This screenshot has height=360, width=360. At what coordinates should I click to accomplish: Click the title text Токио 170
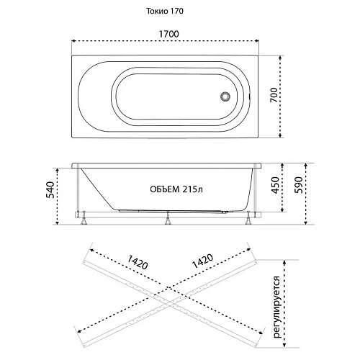pyautogui.click(x=165, y=12)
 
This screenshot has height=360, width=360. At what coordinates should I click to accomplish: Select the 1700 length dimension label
pyautogui.click(x=169, y=34)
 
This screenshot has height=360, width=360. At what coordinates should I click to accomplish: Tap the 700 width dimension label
pyautogui.click(x=274, y=95)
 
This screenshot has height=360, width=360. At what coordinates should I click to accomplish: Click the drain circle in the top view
pyautogui.click(x=225, y=96)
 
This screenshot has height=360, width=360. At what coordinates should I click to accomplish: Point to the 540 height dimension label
pyautogui.click(x=50, y=190)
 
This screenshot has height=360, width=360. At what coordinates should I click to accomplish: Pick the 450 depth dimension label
pyautogui.click(x=276, y=185)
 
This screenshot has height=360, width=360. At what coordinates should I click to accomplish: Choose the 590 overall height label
pyautogui.click(x=299, y=185)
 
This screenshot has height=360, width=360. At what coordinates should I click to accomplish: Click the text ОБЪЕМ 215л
pyautogui.click(x=176, y=189)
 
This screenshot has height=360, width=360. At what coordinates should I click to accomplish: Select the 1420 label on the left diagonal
pyautogui.click(x=138, y=262)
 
